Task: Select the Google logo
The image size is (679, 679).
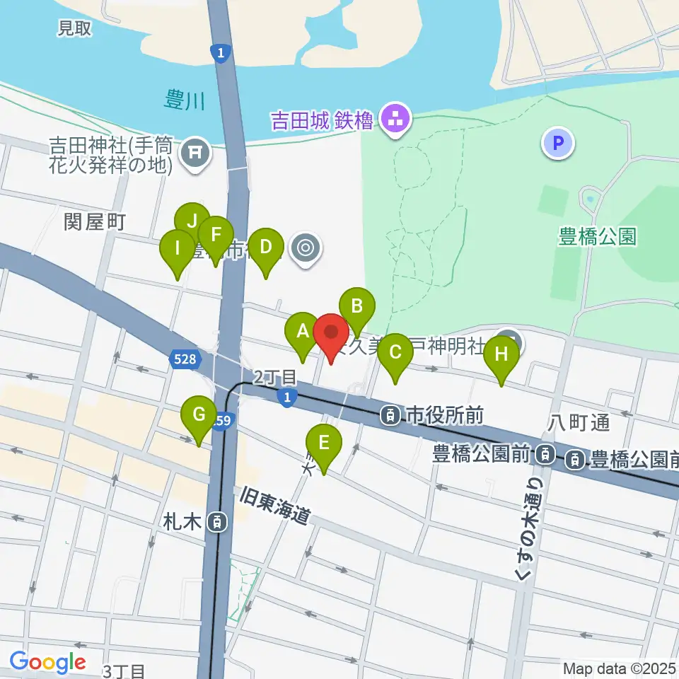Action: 47,662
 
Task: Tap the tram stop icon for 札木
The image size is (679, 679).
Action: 218,523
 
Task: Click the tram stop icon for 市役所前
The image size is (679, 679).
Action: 390,415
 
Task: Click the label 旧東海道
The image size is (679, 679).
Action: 275,505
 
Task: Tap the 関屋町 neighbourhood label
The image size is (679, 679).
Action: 94,222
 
